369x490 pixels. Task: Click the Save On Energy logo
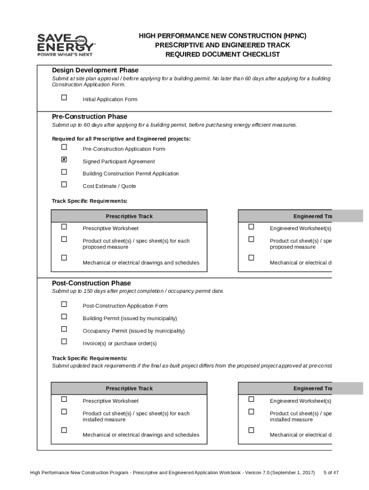tap(67, 45)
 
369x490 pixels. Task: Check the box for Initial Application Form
tap(64, 98)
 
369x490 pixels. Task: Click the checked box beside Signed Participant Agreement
tap(64, 160)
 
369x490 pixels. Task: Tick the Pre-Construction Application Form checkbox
tap(64, 147)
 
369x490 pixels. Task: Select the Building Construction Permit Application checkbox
tap(64, 172)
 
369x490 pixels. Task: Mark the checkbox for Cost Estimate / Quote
tap(64, 185)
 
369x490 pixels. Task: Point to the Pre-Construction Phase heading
tap(90, 117)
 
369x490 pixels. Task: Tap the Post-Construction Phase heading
tap(91, 283)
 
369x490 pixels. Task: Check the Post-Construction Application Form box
tap(64, 304)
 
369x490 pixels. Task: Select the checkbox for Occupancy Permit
tap(64, 329)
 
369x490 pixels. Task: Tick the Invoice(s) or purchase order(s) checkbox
tap(64, 342)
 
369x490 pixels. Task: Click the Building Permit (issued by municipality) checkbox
tap(64, 317)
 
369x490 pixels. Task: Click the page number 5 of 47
tap(331, 473)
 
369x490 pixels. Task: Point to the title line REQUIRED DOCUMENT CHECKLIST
tap(222, 55)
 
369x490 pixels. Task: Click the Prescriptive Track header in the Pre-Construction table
tap(129, 216)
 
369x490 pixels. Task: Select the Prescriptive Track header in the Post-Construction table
tap(129, 389)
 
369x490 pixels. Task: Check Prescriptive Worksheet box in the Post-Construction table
tap(64, 399)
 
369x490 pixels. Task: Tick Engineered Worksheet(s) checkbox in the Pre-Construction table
tap(251, 227)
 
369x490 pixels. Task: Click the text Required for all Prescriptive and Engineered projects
tap(121, 139)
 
